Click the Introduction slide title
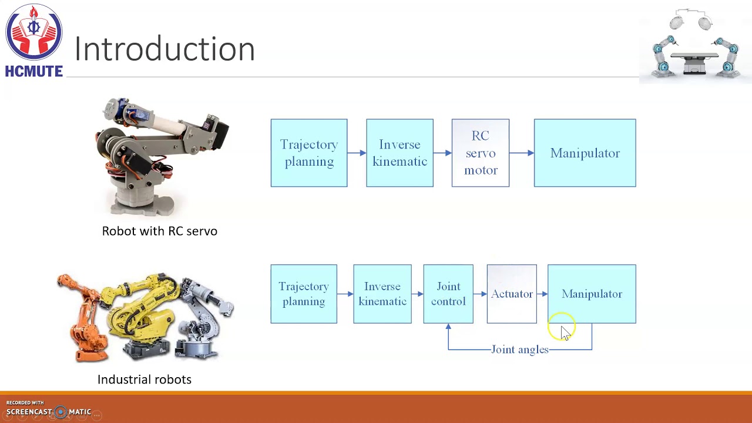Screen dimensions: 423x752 point(164,49)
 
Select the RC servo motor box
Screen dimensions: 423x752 point(480,153)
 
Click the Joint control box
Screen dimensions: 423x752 point(448,294)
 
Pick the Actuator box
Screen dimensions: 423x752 point(511,294)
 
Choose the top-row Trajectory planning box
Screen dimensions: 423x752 point(308,153)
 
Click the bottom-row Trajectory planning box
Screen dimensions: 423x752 point(303,294)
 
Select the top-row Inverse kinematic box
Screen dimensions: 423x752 point(399,153)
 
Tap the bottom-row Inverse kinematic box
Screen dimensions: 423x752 point(382,294)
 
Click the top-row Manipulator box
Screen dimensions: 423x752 point(585,153)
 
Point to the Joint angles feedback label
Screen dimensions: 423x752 point(519,350)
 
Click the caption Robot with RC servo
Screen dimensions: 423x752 point(159,231)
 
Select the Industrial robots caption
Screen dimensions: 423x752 point(144,380)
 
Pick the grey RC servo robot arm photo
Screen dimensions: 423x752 point(162,156)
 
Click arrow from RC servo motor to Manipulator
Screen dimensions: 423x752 point(521,153)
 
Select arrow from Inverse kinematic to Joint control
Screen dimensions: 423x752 point(417,294)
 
